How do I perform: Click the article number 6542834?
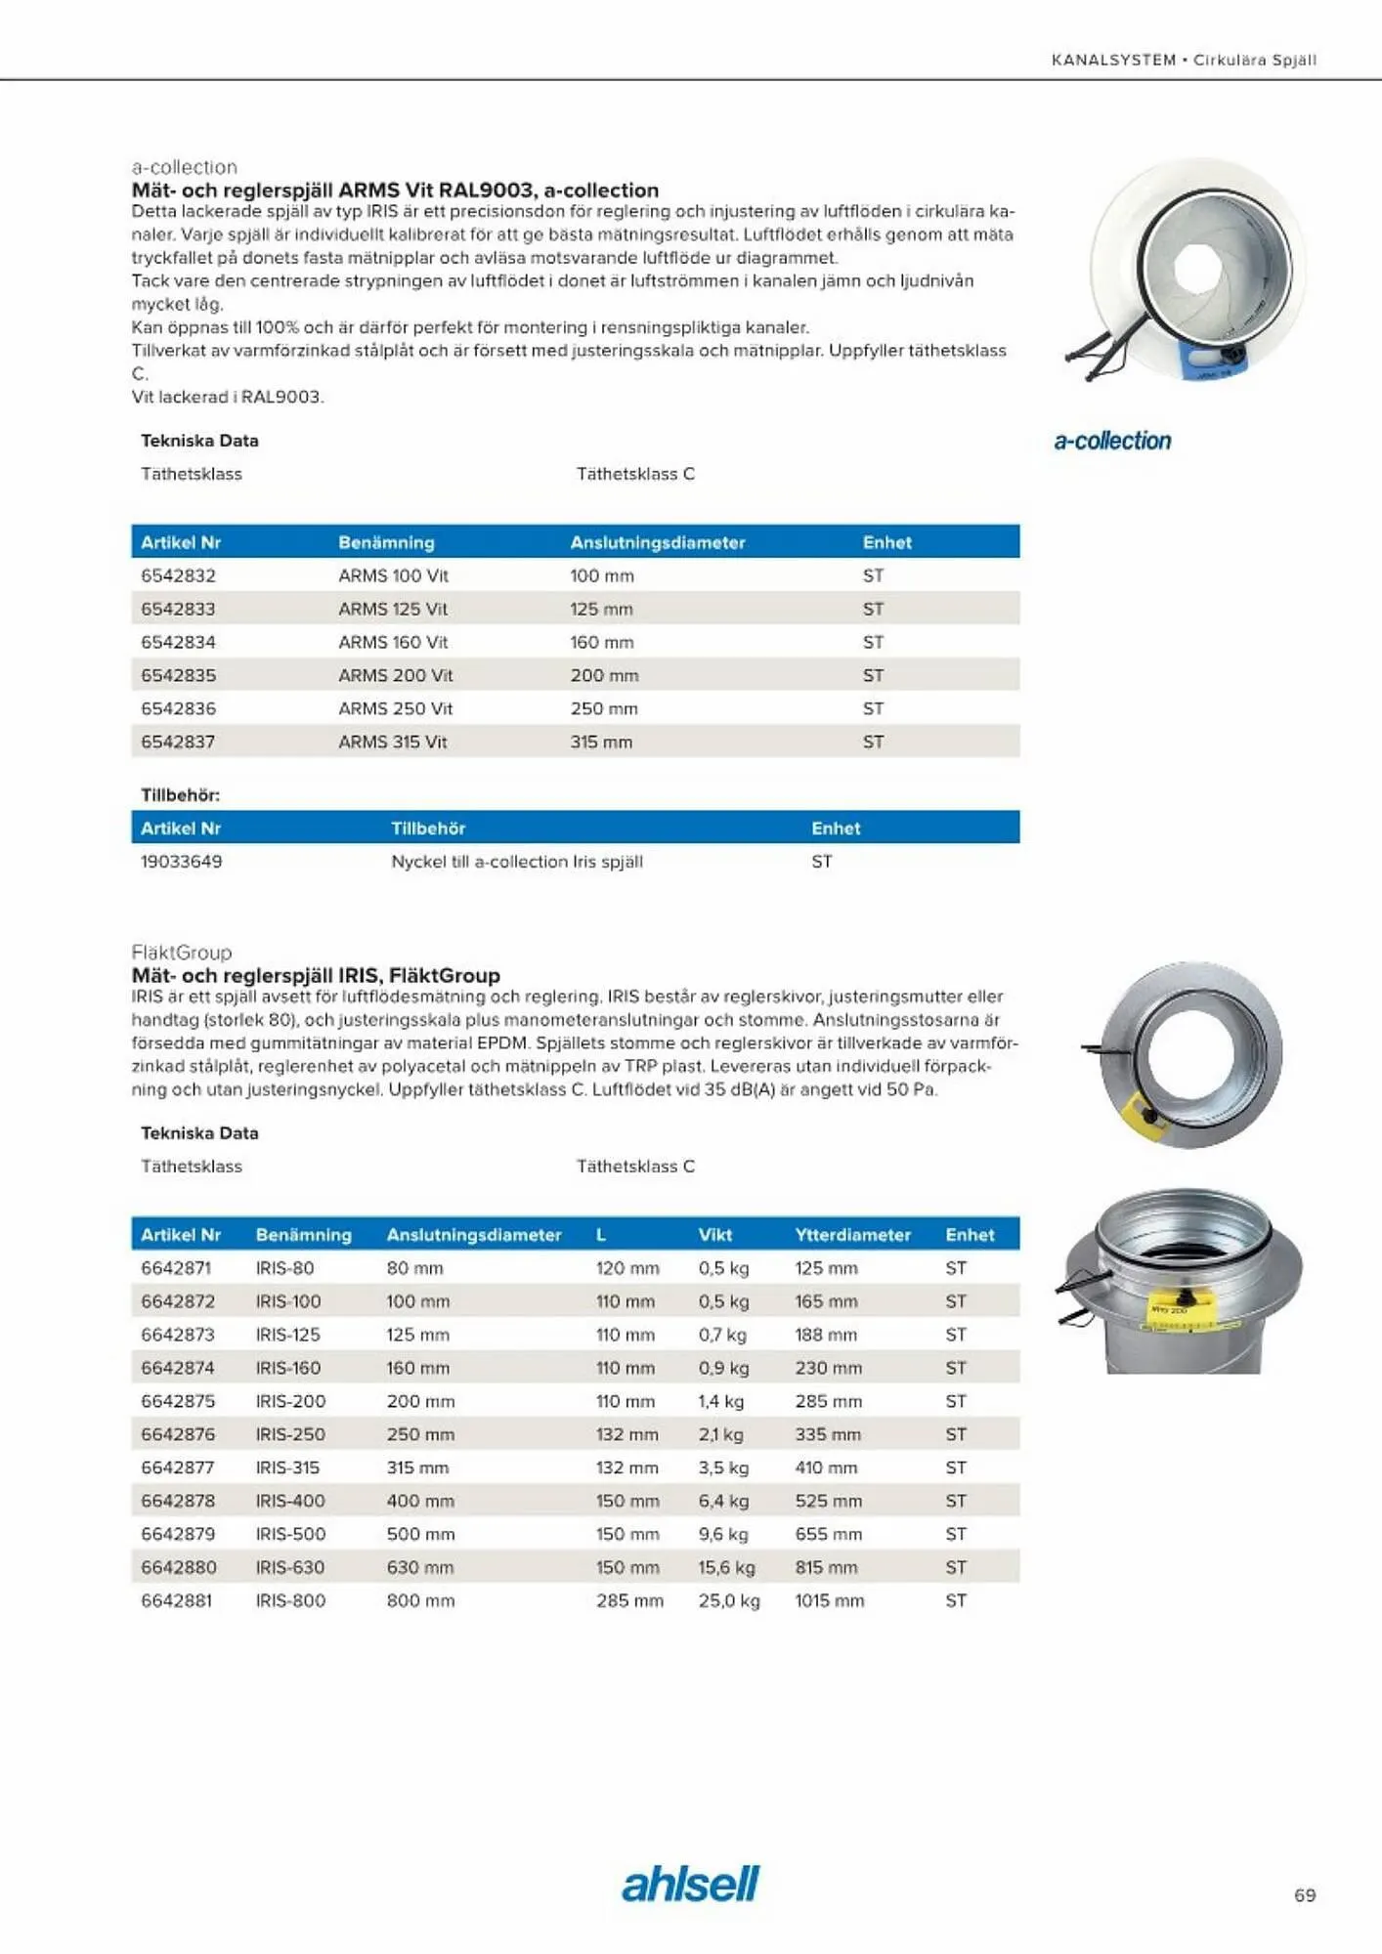(x=178, y=642)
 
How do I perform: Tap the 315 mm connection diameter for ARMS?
(x=601, y=742)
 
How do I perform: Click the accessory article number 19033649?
(x=181, y=861)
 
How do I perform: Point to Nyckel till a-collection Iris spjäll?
(x=516, y=861)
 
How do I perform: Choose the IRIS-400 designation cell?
(x=290, y=1500)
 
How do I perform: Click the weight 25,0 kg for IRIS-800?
(x=728, y=1599)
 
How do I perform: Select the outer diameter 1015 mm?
(x=829, y=1599)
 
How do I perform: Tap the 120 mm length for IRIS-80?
(x=626, y=1267)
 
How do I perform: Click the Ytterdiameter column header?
(x=852, y=1234)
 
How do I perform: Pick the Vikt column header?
(x=714, y=1234)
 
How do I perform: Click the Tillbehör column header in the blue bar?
(x=427, y=828)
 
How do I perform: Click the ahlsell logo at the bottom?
(x=690, y=1884)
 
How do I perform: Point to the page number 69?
(x=1304, y=1894)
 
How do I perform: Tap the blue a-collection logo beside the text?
(x=1112, y=441)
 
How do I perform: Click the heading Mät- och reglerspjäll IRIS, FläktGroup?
(x=315, y=974)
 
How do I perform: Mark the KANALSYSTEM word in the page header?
(x=1113, y=60)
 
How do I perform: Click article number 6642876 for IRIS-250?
(x=178, y=1433)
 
